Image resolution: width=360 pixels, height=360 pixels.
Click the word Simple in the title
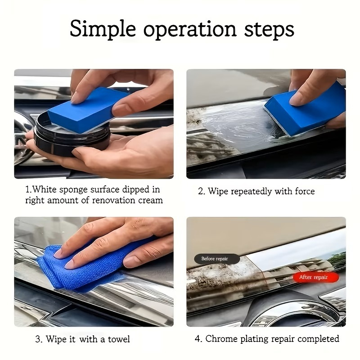[103, 29]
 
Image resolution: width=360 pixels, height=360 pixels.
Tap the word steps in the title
[269, 30]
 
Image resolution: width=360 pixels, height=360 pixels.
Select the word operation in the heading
[190, 30]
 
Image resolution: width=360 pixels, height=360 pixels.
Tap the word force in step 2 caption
[305, 191]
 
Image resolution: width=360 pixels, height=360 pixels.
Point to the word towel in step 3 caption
[119, 339]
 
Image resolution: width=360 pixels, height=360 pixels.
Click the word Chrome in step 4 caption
[221, 339]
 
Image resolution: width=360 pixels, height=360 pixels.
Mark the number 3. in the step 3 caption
[39, 339]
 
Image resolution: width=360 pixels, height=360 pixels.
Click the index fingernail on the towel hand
[69, 265]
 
